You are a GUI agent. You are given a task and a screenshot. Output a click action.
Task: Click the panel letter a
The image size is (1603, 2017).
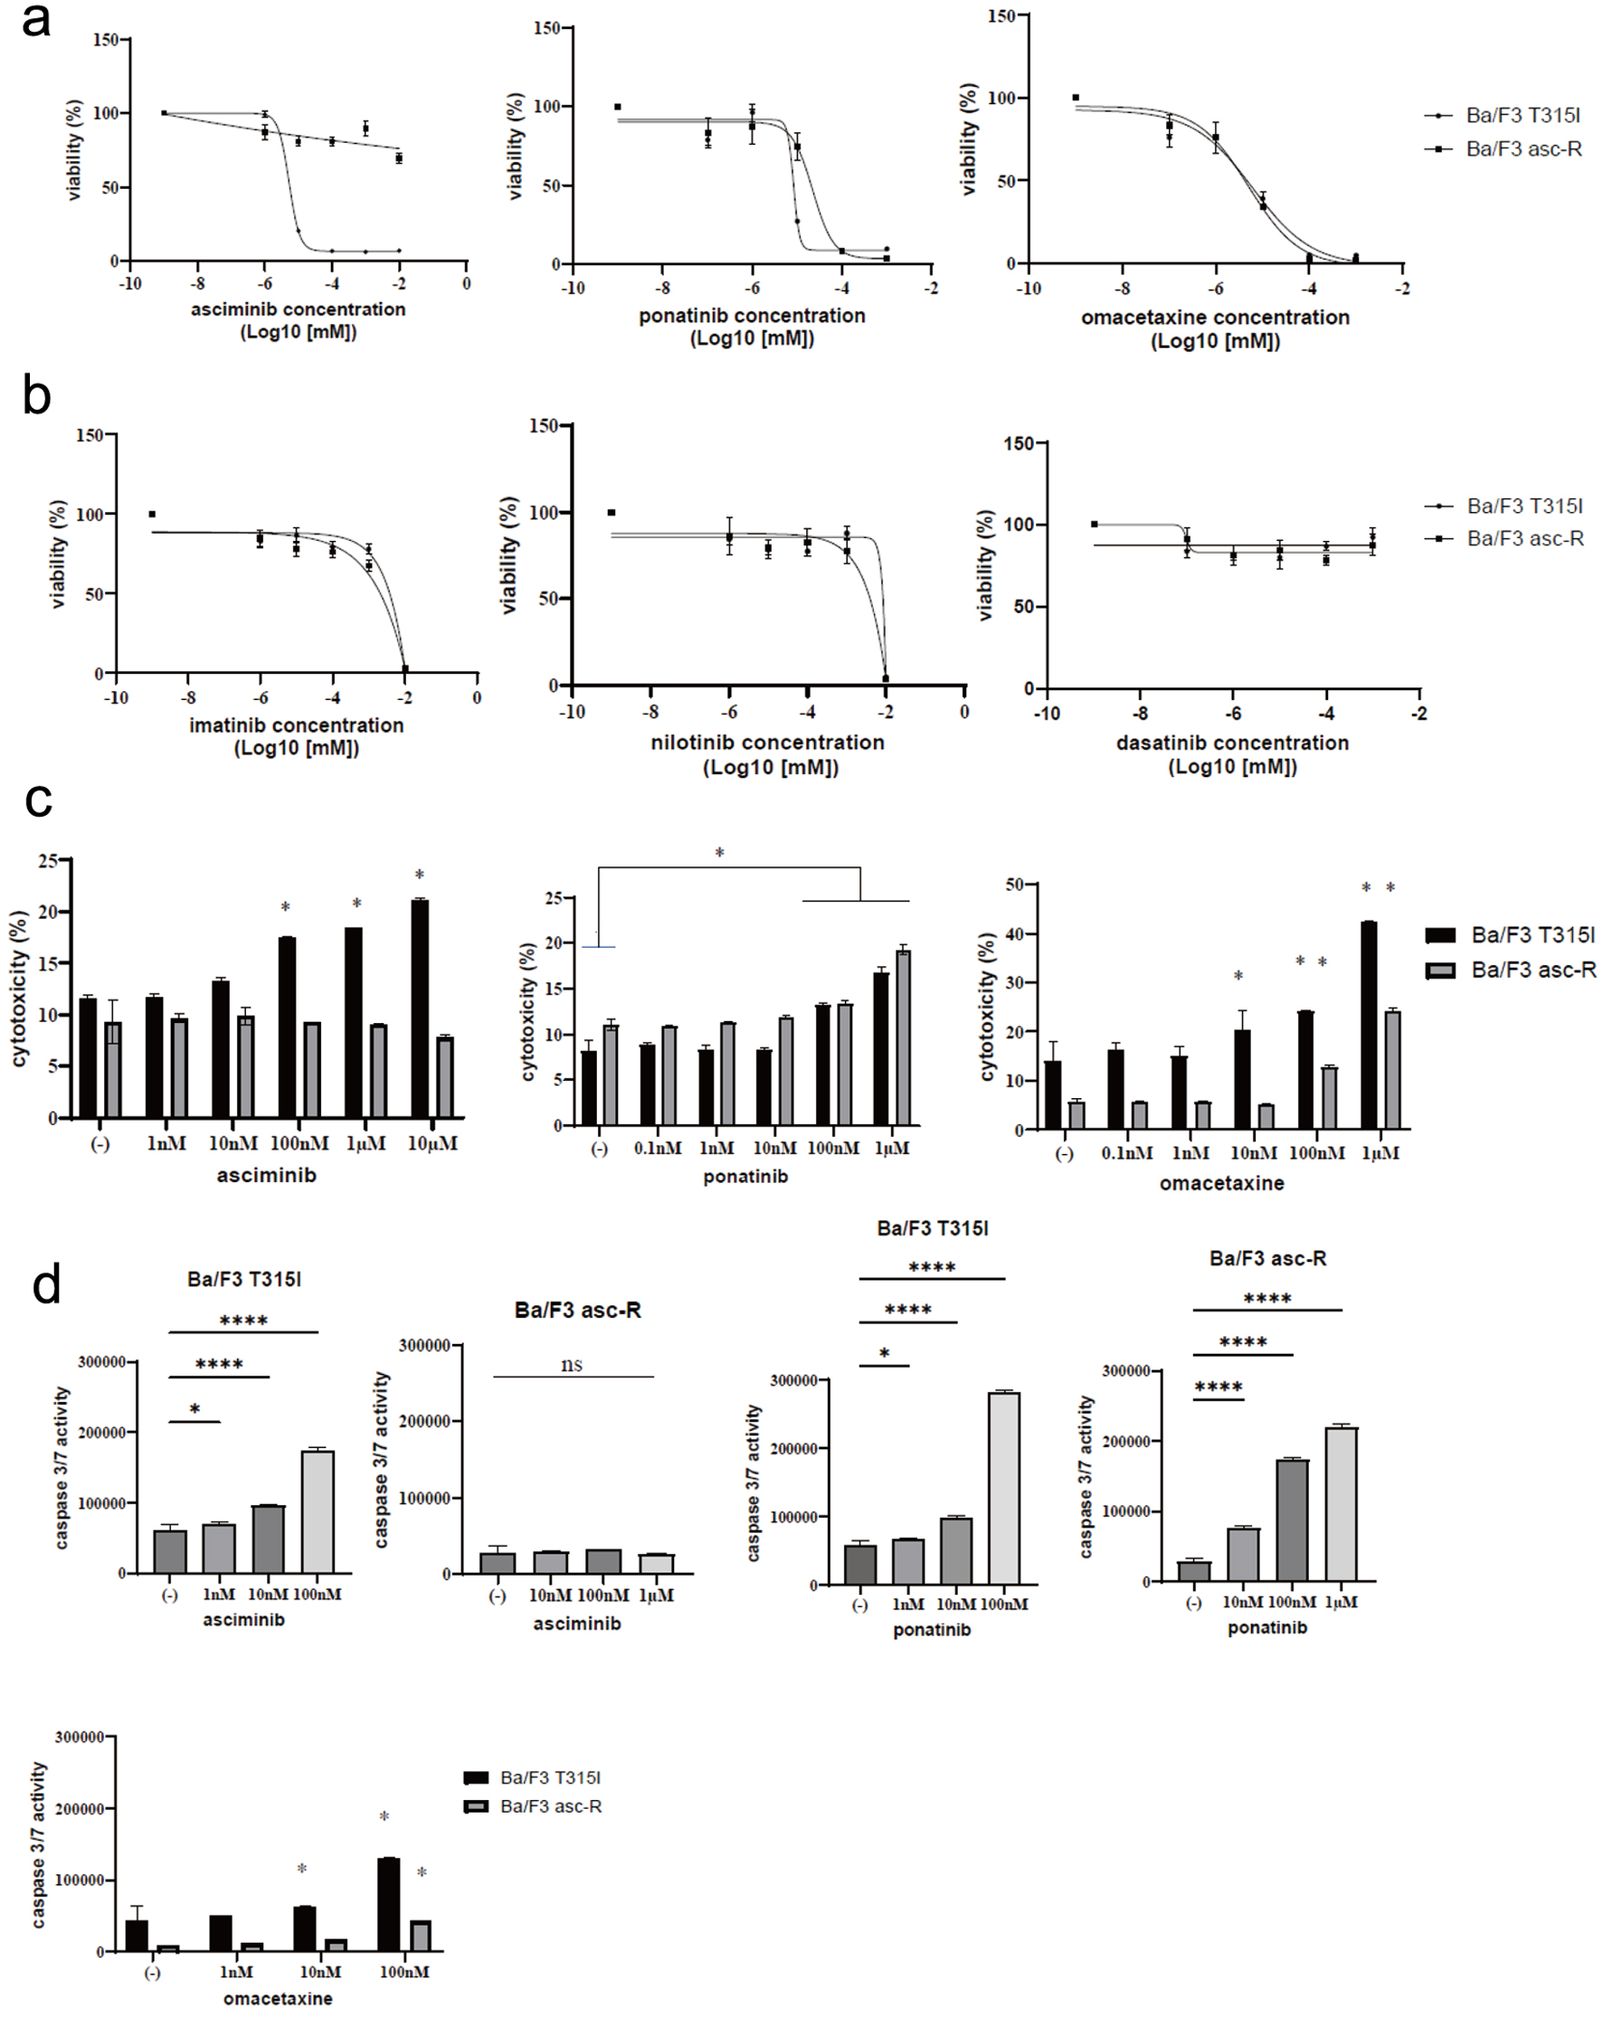(35, 21)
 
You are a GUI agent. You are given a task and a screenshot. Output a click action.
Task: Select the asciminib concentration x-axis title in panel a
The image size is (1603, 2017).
(298, 309)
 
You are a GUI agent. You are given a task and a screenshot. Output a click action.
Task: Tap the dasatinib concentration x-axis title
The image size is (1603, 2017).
(1232, 743)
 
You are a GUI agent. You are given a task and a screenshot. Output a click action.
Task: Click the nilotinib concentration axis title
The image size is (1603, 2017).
(767, 743)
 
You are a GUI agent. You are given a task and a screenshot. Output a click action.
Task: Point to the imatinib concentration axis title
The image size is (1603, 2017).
(297, 725)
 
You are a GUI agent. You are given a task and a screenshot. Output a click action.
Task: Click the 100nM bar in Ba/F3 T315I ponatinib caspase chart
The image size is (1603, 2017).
(1004, 1489)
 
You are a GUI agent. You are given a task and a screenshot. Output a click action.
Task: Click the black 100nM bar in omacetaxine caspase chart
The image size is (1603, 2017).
(388, 1905)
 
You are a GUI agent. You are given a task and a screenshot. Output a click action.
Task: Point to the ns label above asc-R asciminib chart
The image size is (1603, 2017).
(572, 1365)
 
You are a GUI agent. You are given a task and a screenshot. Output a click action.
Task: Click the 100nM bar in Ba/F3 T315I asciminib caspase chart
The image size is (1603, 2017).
(318, 1511)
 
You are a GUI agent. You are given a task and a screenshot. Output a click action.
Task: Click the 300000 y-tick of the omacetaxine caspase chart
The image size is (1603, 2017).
(80, 1738)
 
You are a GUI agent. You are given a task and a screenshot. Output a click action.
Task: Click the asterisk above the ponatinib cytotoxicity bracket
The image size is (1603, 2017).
(719, 853)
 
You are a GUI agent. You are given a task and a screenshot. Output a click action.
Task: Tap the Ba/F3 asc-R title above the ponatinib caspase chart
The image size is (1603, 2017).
(1267, 1259)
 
